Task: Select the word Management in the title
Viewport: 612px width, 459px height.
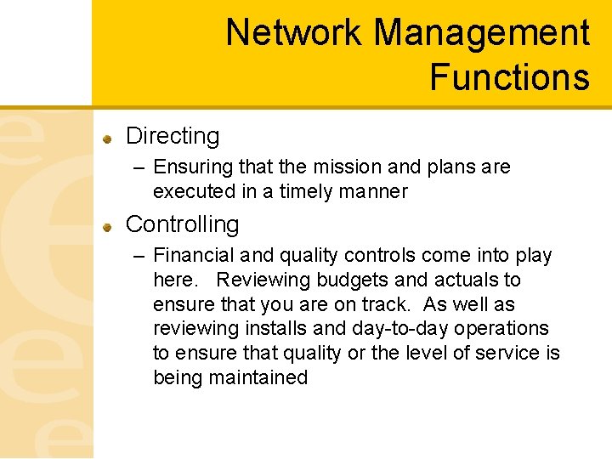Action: [481, 33]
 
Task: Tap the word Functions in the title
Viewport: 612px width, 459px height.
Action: [509, 76]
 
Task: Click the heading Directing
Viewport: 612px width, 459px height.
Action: [173, 136]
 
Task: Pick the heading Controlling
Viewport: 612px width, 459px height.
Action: [182, 224]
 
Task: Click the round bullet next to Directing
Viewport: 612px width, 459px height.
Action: [108, 138]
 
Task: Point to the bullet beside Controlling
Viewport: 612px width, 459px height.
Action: [108, 226]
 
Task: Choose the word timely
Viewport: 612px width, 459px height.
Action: [289, 191]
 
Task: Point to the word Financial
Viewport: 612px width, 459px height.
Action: [193, 256]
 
